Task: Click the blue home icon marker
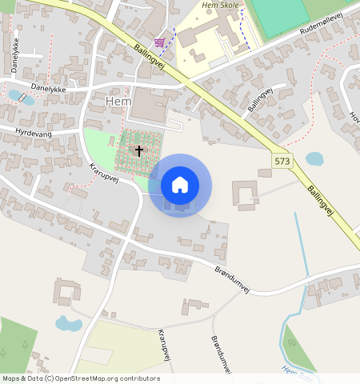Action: (180, 185)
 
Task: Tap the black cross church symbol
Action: (138, 150)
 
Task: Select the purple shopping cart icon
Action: (160, 42)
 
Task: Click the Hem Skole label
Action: (221, 6)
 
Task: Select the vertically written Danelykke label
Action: (14, 54)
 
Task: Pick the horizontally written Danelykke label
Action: (48, 88)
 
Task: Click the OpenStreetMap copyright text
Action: (81, 378)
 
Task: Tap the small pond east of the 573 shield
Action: (315, 158)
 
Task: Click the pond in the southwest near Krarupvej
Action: (68, 324)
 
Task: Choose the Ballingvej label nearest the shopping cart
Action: (149, 58)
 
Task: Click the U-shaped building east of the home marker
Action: (244, 194)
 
